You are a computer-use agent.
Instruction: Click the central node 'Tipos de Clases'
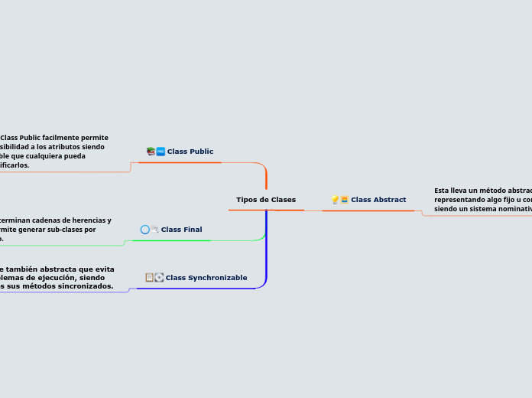click(x=265, y=200)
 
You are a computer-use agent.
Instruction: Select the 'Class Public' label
click(x=190, y=152)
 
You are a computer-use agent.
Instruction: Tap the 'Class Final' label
click(x=181, y=230)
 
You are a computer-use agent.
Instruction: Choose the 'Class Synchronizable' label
click(x=206, y=278)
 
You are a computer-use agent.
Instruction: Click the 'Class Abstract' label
click(x=378, y=200)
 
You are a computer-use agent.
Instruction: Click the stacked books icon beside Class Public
click(x=151, y=152)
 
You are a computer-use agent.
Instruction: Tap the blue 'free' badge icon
click(x=161, y=152)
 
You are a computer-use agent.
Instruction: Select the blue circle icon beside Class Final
click(x=145, y=230)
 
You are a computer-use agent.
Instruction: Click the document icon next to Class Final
click(x=154, y=230)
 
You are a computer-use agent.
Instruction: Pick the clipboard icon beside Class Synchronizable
click(x=150, y=277)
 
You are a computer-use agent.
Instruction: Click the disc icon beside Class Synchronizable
click(x=159, y=277)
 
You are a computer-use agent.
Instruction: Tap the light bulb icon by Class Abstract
click(x=335, y=200)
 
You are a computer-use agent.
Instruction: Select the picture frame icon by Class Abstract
click(x=345, y=200)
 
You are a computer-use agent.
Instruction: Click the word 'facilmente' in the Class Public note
click(x=61, y=138)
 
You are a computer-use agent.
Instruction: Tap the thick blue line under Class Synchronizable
click(x=199, y=289)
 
